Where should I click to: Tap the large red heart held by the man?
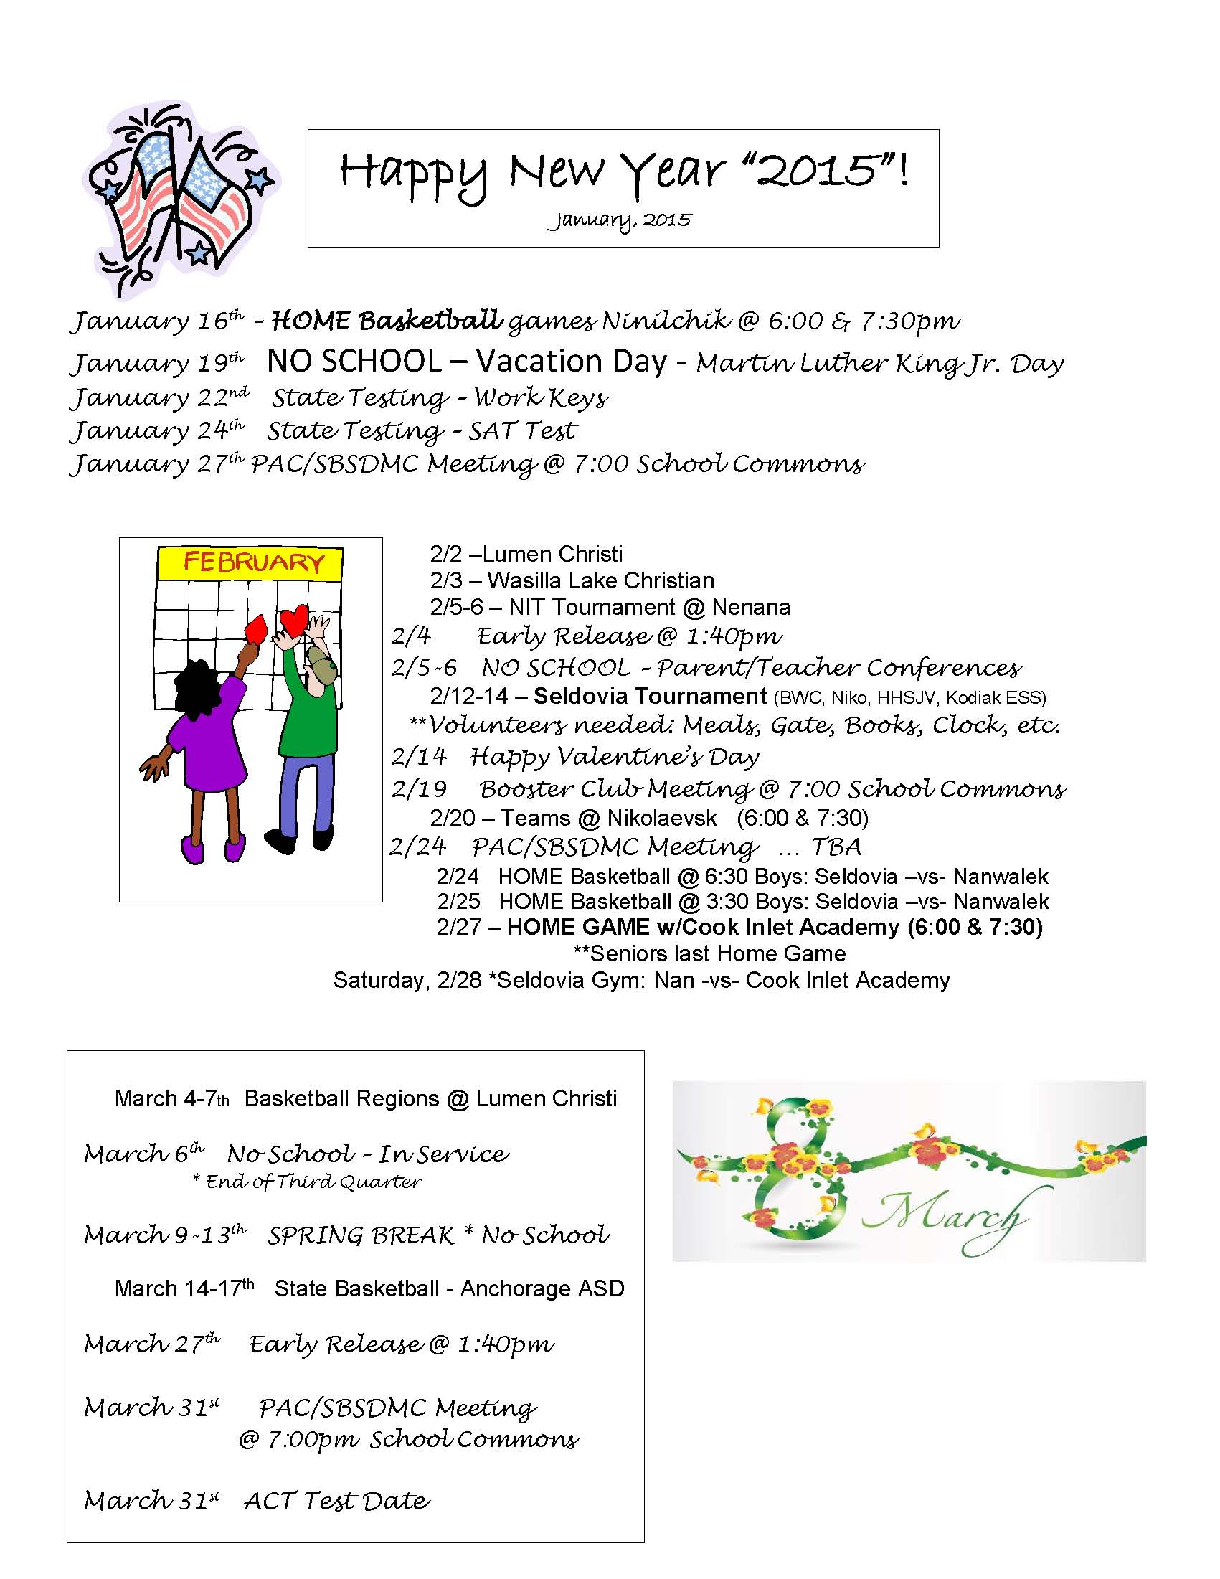294,620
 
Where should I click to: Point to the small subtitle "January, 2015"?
620,220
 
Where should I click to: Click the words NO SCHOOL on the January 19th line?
354,362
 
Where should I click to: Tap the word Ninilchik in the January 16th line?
666,320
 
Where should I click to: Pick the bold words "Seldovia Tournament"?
650,696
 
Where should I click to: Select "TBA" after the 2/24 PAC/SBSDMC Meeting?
836,847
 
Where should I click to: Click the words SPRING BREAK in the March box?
361,1235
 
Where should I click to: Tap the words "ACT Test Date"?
337,1501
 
